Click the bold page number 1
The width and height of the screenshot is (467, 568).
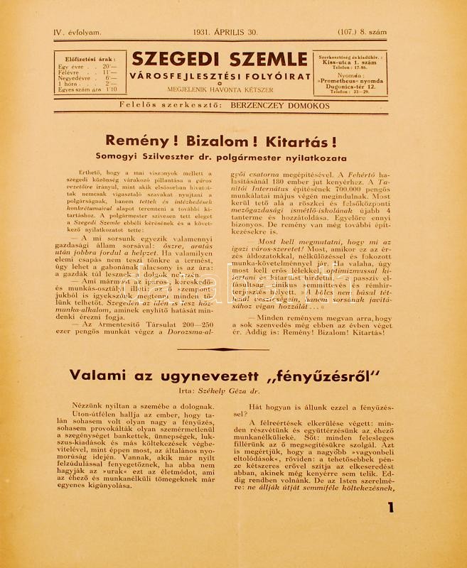[390, 527]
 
